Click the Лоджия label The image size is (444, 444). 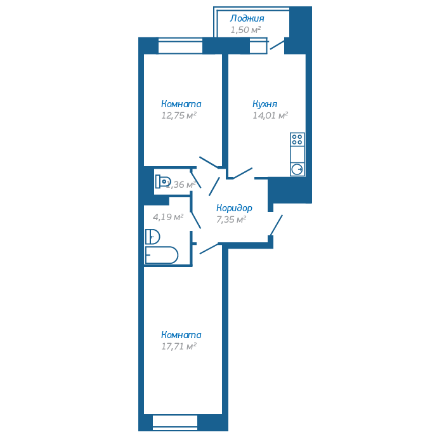(247, 19)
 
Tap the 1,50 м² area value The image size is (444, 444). (246, 30)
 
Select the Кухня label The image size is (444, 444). (264, 104)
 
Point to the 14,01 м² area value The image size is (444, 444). (270, 115)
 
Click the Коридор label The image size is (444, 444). (234, 208)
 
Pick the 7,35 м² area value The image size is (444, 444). (231, 219)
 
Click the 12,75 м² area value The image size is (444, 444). (179, 115)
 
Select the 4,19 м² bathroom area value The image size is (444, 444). (168, 217)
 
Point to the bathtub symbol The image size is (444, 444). (162, 255)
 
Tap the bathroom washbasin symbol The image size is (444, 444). (152, 237)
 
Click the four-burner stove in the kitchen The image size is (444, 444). (297, 139)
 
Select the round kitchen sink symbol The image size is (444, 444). (297, 169)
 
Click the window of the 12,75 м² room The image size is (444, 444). (180, 46)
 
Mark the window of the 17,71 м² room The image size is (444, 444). (175, 422)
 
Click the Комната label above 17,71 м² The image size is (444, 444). (181, 335)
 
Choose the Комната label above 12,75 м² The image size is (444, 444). (181, 104)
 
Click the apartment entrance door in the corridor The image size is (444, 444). (277, 226)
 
